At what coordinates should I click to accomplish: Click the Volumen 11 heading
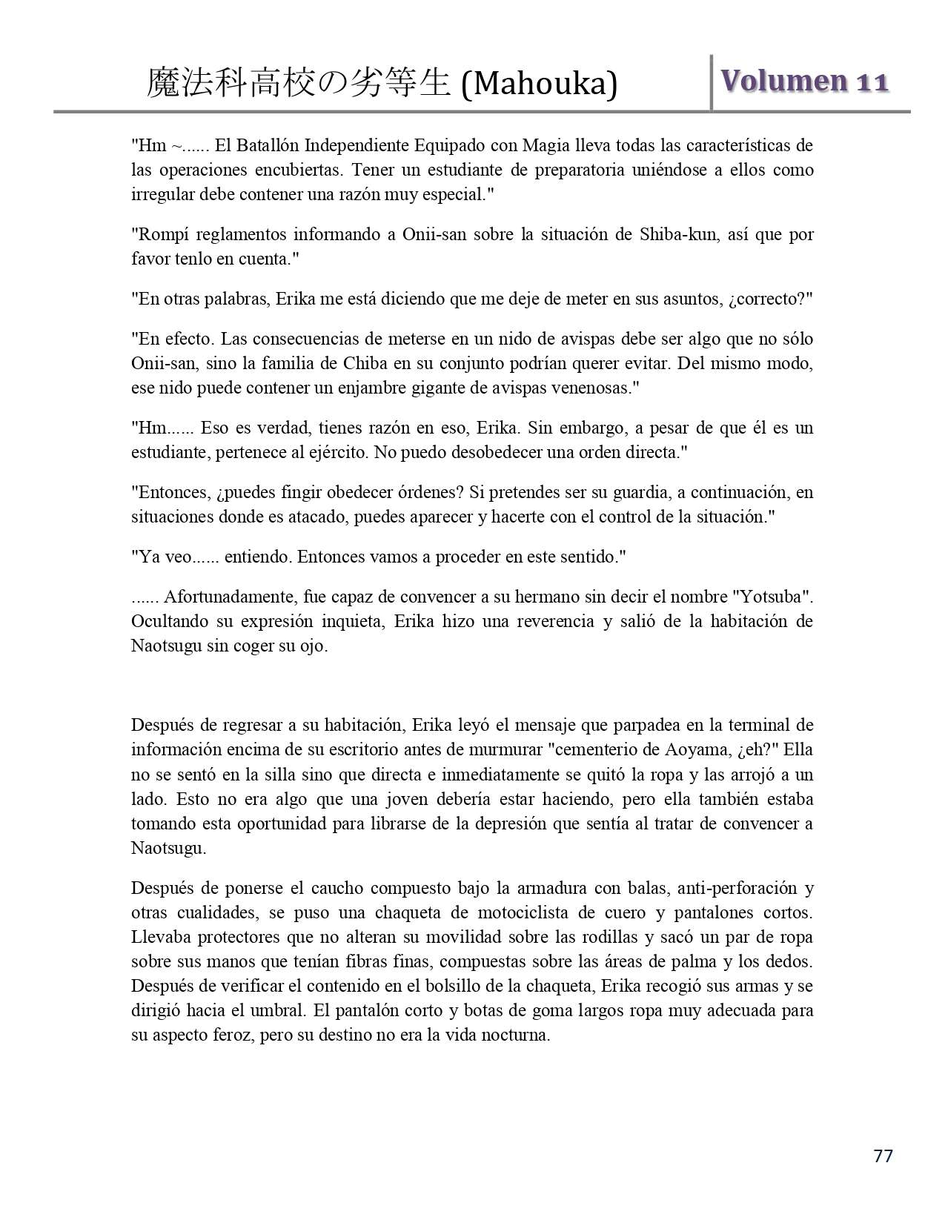click(x=804, y=81)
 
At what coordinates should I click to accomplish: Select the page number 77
click(x=883, y=1156)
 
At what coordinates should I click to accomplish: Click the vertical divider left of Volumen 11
click(x=712, y=82)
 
